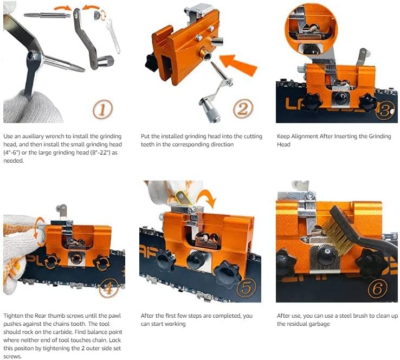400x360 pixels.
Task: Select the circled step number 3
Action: [384, 110]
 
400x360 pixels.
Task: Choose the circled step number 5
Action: [245, 288]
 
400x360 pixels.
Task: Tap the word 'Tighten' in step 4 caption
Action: [15, 316]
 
